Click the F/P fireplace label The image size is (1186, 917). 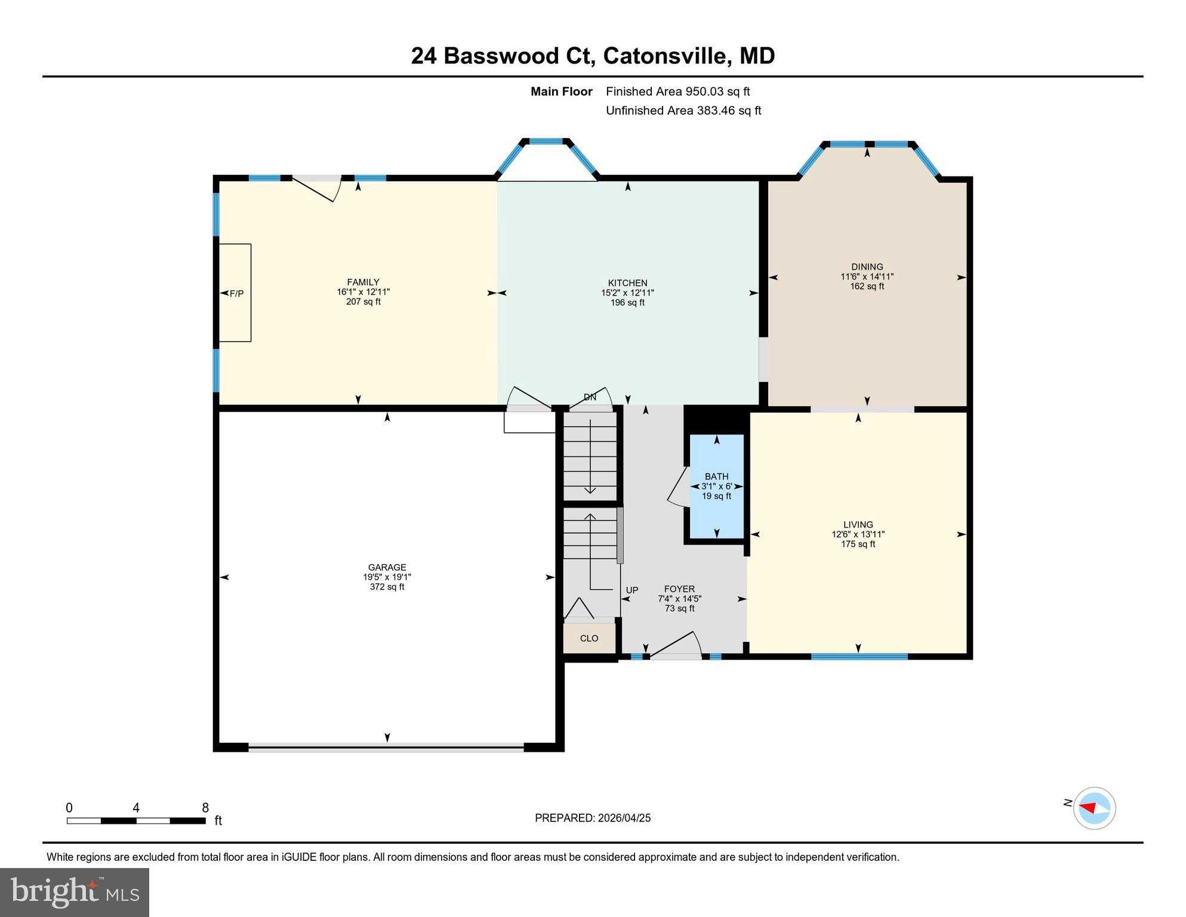click(x=236, y=293)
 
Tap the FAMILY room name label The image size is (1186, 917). click(x=363, y=282)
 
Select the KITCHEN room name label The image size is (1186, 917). click(x=627, y=283)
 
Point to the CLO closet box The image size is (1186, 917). click(x=589, y=638)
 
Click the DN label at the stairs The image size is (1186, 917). click(x=590, y=397)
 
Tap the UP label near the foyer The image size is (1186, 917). click(x=631, y=590)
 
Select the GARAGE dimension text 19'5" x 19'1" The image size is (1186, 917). click(x=387, y=577)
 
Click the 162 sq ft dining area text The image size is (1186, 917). click(x=867, y=287)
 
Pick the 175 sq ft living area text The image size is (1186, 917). click(x=858, y=544)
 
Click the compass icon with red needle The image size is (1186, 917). click(x=1094, y=808)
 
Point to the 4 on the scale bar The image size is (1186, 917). click(x=136, y=808)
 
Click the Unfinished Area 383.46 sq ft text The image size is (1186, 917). click(x=683, y=110)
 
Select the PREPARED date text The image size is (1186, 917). click(x=592, y=818)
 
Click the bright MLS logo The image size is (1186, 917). click(x=75, y=892)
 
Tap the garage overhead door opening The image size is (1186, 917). click(x=386, y=747)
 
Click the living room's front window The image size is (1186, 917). click(x=859, y=657)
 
